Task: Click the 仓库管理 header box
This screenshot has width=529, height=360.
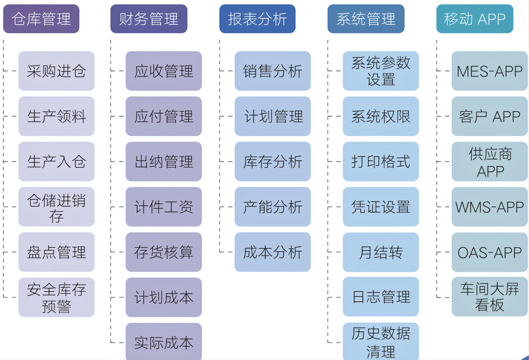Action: pos(41,19)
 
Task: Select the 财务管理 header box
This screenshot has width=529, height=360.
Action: pos(148,19)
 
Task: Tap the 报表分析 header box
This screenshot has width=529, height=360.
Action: pos(257,19)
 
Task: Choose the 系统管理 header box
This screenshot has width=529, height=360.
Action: pos(366,19)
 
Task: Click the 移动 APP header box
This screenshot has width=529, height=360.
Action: pos(474,19)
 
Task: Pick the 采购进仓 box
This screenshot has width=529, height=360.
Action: pos(56,71)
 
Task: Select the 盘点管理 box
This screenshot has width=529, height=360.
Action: pos(56,253)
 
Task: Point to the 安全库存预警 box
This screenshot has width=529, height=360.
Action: pos(56,297)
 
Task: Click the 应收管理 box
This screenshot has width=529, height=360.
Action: pos(164,71)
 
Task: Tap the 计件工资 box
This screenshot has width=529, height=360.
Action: pos(164,207)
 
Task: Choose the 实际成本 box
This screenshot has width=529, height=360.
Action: pos(164,342)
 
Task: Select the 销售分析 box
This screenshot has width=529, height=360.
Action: pos(273,71)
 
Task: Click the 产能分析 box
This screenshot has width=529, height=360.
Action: pos(273,207)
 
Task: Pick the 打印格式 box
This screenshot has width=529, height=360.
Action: pos(381,162)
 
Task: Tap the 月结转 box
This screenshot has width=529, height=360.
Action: pos(381,253)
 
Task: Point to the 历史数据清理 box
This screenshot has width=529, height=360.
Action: pos(381,341)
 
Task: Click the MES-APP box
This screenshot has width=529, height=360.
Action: pos(489,71)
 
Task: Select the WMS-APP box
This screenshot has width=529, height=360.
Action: pos(489,207)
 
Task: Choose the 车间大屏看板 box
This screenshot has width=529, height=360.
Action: pos(489,297)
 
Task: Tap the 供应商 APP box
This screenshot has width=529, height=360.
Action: pos(489,162)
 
